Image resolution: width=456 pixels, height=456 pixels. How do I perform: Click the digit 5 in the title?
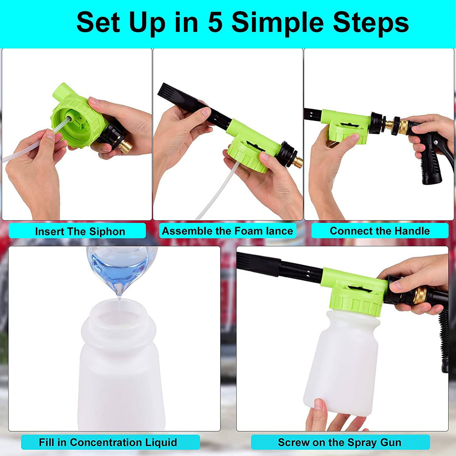215,23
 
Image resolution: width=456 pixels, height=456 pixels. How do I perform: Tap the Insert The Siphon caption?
80,231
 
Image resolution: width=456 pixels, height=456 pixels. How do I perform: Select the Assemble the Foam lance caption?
227,231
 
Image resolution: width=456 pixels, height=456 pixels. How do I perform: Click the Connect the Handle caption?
380,231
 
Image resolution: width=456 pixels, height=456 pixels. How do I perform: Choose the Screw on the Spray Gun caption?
340,442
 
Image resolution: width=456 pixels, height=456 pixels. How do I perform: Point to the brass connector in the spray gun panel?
420,295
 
